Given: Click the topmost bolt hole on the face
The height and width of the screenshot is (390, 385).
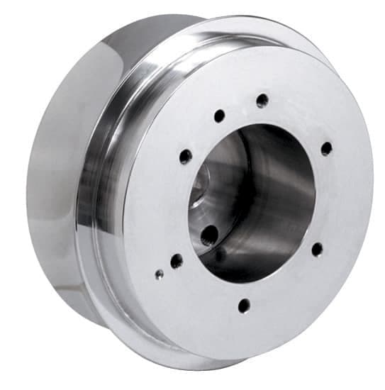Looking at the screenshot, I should [262, 100].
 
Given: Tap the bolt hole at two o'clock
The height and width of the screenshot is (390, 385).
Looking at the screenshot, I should [326, 148].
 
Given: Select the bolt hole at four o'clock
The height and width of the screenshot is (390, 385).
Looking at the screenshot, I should [317, 249].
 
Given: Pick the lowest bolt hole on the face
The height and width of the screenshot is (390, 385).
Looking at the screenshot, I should [244, 306].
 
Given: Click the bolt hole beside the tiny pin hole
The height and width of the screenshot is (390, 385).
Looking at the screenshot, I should [177, 261].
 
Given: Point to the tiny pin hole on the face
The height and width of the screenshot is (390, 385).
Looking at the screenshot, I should [160, 274].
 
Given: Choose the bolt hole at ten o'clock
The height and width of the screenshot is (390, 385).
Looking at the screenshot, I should [186, 156].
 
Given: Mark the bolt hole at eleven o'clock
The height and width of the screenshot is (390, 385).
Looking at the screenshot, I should [220, 116].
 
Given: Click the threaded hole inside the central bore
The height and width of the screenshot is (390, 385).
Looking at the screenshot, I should [210, 235].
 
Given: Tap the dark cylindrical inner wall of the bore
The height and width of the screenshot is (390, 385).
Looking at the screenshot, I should [284, 191].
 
